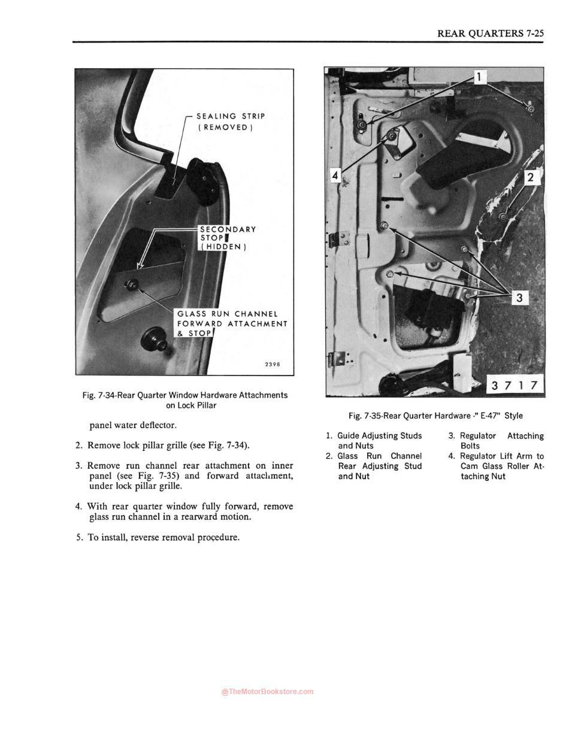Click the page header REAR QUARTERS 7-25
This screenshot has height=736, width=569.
coord(490,33)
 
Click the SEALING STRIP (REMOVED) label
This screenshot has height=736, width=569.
coord(230,122)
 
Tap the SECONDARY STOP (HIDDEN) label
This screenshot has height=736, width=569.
coord(228,238)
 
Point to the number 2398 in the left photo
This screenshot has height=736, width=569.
coord(272,364)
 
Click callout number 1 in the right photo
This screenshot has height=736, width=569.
coord(480,77)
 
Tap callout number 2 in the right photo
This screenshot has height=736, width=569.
coord(531,177)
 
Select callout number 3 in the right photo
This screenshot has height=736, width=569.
coord(519,297)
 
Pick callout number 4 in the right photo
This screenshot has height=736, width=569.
coord(335,175)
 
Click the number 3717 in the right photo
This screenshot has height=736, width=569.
coord(514,385)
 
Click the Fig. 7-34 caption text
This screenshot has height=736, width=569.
coord(184,400)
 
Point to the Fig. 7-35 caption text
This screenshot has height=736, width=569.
coord(435,416)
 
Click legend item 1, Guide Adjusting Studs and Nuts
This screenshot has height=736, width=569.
coord(374,440)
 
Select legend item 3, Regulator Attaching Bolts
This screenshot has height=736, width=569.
coord(496,441)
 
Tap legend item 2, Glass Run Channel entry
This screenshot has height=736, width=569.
coord(374,466)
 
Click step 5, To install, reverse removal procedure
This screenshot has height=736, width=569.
coord(158,537)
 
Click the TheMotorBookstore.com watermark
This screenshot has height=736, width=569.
coord(267,692)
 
